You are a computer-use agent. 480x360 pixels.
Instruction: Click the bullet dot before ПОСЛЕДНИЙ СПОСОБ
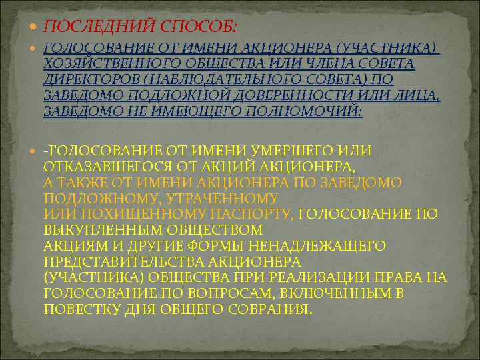(x=34, y=26)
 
